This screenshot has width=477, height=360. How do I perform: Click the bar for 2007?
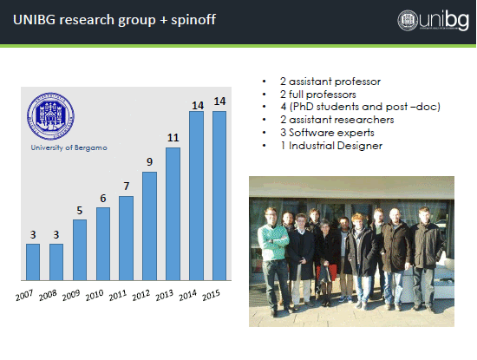tap(33, 262)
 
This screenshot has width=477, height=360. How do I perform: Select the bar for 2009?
tap(80, 250)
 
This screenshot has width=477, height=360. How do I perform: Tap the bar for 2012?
tap(150, 226)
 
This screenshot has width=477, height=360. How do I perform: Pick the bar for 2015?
tap(219, 196)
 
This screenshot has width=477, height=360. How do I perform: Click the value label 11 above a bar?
tap(173, 138)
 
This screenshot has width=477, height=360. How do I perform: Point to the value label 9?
tap(150, 162)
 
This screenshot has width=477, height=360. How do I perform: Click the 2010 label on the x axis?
tap(95, 295)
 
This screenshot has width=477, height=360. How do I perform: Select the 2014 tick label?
tap(187, 295)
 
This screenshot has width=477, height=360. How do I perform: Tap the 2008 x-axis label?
tap(48, 295)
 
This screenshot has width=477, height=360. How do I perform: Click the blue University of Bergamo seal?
tap(50, 116)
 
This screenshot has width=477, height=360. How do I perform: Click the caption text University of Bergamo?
tap(69, 147)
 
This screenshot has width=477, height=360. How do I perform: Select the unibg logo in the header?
tap(433, 20)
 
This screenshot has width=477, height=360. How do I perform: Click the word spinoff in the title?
tap(193, 20)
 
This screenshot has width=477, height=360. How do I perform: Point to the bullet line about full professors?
tap(318, 95)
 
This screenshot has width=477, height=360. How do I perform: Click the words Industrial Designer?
tap(336, 146)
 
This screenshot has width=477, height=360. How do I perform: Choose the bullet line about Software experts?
tap(327, 133)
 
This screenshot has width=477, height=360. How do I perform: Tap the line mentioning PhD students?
tap(360, 107)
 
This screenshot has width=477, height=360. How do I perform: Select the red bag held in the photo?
tap(327, 272)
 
